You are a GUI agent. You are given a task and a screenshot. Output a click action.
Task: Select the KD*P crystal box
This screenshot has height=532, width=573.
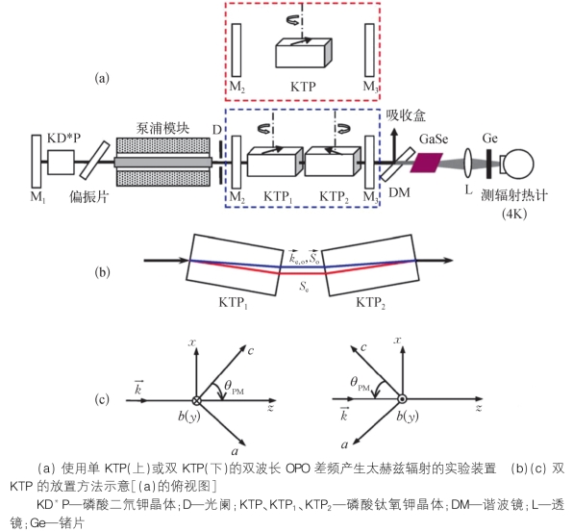61,162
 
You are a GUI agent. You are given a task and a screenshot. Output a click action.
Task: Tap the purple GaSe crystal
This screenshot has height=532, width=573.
427,163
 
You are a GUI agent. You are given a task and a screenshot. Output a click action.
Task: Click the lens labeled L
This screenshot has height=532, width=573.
468,164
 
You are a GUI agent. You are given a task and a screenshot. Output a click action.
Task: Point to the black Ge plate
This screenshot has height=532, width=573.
489,164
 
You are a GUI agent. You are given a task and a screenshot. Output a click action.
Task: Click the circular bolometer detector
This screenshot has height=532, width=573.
520,164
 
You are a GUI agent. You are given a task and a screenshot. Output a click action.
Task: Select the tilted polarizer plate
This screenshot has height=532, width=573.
94,161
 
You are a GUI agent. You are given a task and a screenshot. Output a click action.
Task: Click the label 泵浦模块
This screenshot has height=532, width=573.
162,129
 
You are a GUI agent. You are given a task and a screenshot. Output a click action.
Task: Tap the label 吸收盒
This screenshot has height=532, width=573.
406,115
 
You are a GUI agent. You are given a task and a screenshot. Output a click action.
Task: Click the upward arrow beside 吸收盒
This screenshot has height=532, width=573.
394,145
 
